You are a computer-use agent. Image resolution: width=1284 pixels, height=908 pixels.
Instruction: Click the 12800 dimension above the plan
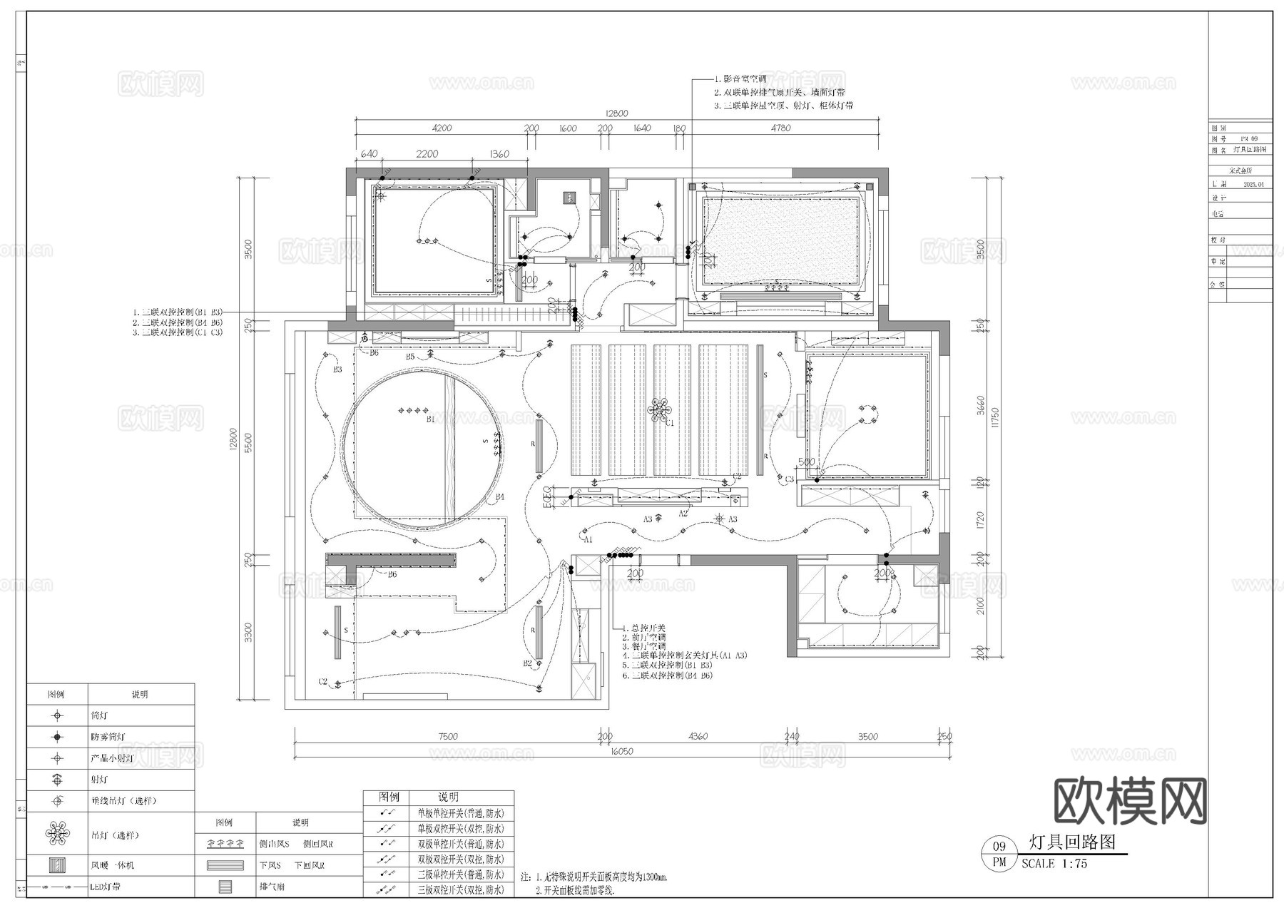[616, 113]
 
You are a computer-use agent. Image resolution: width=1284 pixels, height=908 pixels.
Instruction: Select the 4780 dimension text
[780, 128]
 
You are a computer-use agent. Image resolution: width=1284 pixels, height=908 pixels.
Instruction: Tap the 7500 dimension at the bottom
[448, 736]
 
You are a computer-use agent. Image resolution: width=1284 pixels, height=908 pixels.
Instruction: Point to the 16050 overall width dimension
[623, 751]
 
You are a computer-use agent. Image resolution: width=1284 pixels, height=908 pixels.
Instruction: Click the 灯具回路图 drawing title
[1072, 842]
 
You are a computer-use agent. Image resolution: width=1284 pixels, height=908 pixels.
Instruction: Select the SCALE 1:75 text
[1054, 864]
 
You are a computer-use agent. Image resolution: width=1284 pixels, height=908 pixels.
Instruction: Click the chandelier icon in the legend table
[57, 832]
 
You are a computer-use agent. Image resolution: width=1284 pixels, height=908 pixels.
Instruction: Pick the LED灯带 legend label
[105, 887]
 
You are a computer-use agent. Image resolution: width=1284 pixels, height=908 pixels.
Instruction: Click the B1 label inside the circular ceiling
[430, 419]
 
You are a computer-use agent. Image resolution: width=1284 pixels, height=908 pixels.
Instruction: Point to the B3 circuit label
[337, 369]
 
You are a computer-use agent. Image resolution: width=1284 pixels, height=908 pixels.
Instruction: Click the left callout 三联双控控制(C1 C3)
[178, 332]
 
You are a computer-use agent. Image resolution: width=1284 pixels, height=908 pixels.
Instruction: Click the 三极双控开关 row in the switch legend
[460, 889]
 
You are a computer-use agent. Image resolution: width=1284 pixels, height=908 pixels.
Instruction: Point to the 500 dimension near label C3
[806, 462]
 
